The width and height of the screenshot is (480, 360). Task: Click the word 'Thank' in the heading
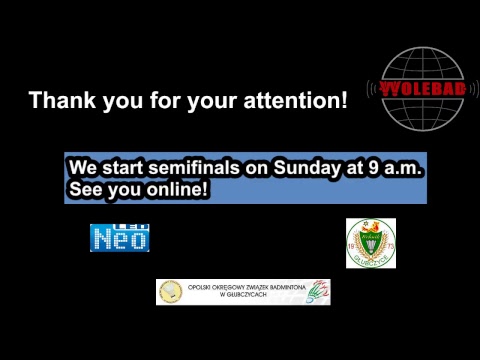(x=58, y=100)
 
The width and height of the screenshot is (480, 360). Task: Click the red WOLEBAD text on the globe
(x=426, y=89)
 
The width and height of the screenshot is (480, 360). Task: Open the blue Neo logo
(x=120, y=236)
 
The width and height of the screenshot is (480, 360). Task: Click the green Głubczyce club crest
(x=370, y=243)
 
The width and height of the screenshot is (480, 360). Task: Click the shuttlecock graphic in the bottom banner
(x=319, y=292)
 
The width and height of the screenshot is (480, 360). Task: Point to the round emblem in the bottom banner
(x=169, y=292)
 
